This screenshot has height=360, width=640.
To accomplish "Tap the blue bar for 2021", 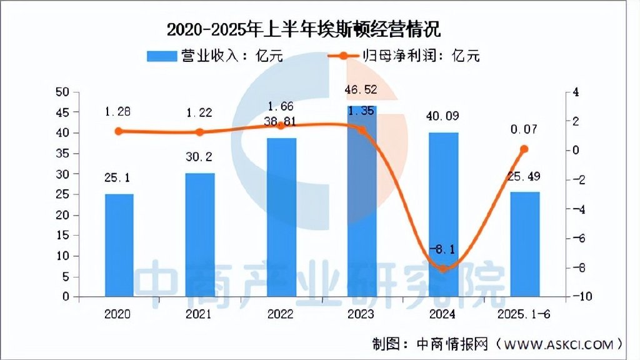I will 200,234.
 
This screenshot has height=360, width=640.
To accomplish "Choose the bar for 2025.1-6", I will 524,244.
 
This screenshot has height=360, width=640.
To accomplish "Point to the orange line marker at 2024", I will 443,269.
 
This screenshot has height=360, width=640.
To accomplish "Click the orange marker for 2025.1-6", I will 524,149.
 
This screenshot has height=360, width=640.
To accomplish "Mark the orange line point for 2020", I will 119,131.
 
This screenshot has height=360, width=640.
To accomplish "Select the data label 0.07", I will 524,130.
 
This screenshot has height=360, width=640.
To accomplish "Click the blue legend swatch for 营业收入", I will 161,56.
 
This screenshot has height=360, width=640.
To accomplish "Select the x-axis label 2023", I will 362,314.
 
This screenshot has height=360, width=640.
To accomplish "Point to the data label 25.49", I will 524,177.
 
